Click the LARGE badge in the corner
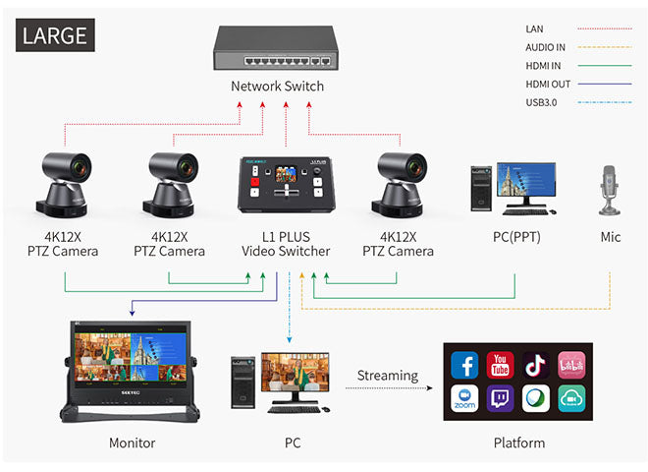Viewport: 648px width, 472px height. [x=54, y=36]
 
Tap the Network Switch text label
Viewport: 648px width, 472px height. [x=277, y=86]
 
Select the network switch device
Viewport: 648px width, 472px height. [x=277, y=48]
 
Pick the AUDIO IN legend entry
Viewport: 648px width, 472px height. [x=545, y=47]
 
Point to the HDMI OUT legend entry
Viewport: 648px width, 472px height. [x=547, y=84]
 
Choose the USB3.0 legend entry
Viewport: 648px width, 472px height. [x=541, y=101]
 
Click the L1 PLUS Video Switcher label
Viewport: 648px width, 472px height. [x=286, y=244]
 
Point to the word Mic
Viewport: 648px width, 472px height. [x=611, y=237]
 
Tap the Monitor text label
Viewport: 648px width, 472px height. [x=132, y=442]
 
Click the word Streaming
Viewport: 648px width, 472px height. [x=387, y=375]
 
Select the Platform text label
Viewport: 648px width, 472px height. [x=518, y=442]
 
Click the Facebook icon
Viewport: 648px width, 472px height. [x=464, y=366]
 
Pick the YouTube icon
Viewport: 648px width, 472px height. [x=500, y=366]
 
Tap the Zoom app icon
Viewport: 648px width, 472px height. [x=464, y=399]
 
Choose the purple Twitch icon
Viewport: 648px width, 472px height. [x=500, y=399]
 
